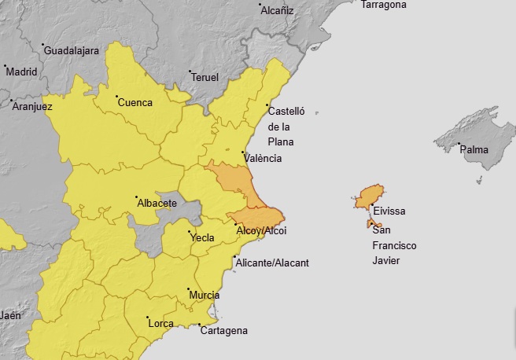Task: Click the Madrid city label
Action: pyautogui.click(x=21, y=72)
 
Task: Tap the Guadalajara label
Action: pyautogui.click(x=72, y=50)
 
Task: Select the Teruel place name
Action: pyautogui.click(x=205, y=77)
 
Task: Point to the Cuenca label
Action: pyautogui.click(x=135, y=101)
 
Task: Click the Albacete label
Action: pyautogui.click(x=157, y=203)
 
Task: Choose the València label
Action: pyautogui.click(x=263, y=158)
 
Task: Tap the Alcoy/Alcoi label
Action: pyautogui.click(x=262, y=230)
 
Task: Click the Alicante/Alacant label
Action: pyautogui.click(x=272, y=263)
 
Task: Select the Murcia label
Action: pyautogui.click(x=205, y=296)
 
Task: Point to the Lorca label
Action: pyautogui.click(x=161, y=322)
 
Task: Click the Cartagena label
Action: pyautogui.click(x=224, y=330)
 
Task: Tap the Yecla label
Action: pyautogui.click(x=201, y=237)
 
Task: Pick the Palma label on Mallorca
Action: pyautogui.click(x=474, y=149)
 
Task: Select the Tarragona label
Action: pyautogui.click(x=384, y=5)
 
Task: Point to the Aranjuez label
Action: pyautogui.click(x=32, y=106)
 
